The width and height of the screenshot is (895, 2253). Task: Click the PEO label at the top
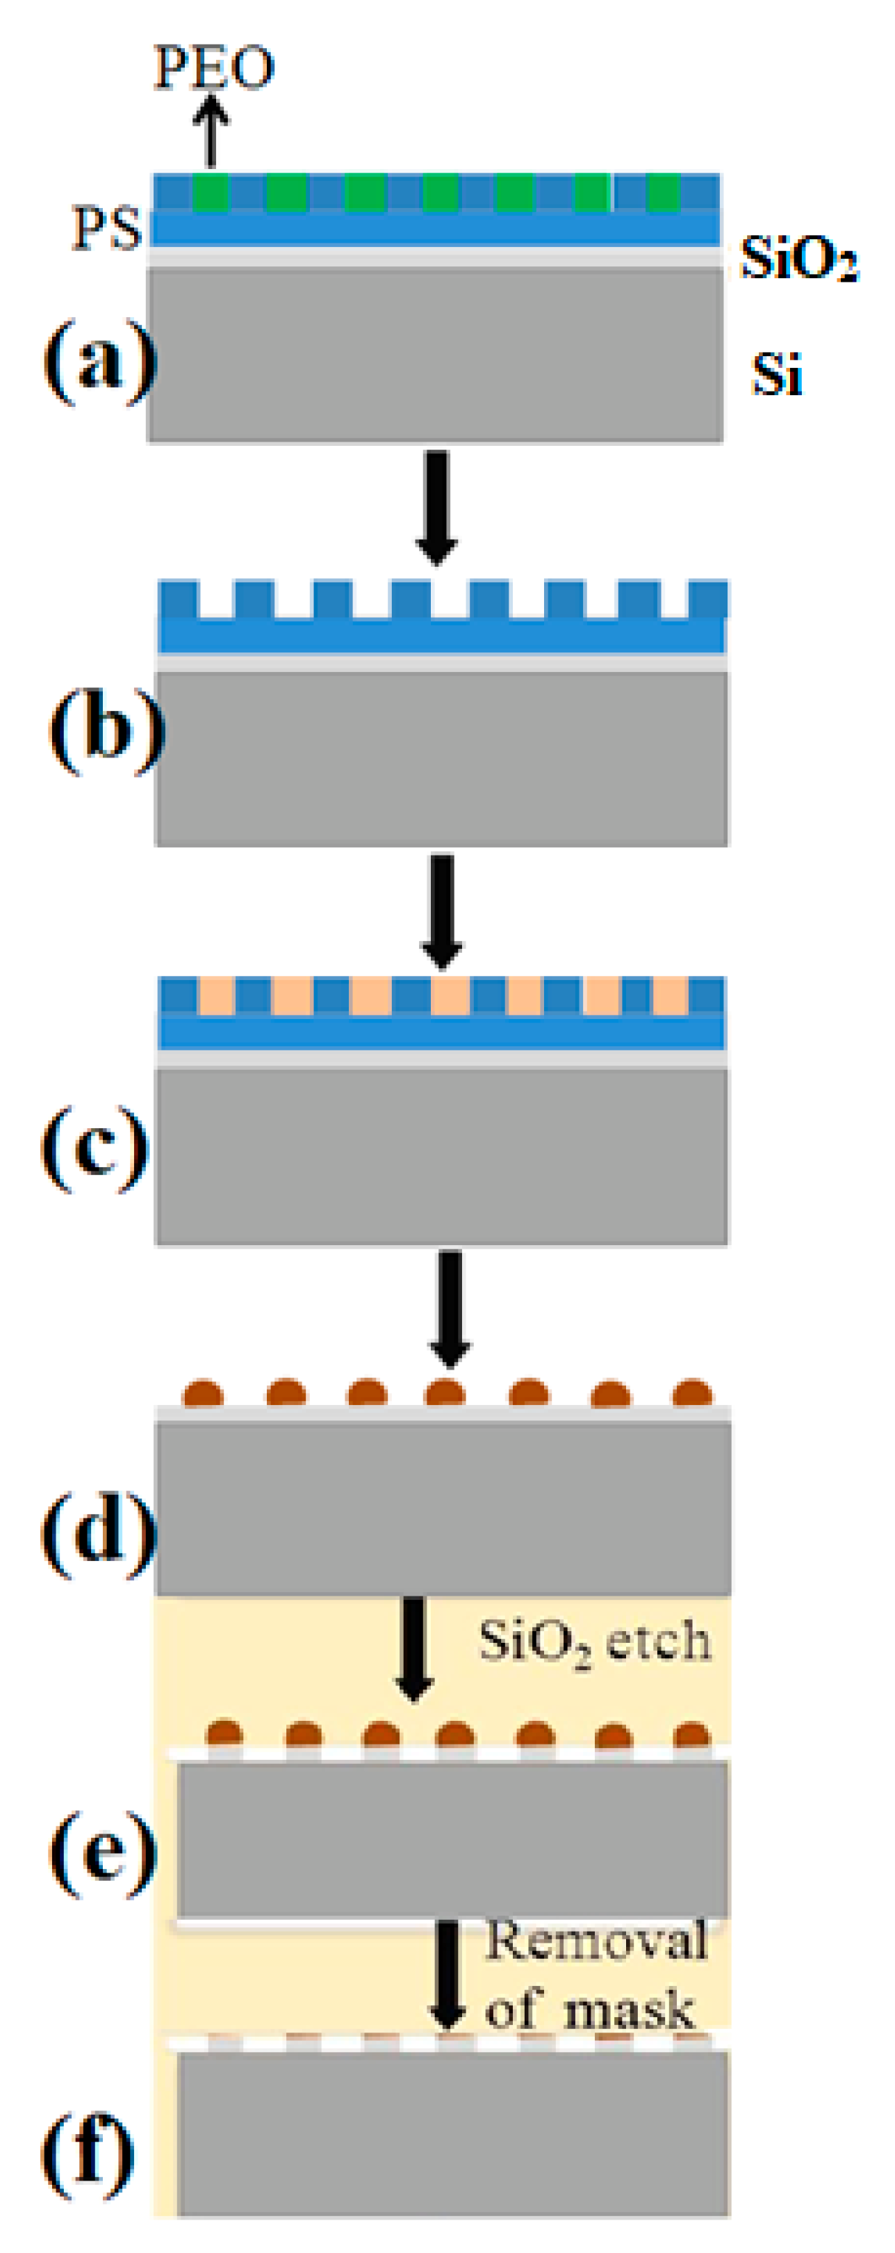213,67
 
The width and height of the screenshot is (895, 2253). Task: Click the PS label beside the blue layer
106,229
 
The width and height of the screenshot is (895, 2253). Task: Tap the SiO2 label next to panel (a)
798,258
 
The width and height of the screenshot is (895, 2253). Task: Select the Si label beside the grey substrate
777,375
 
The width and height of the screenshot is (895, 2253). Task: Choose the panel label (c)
95,1146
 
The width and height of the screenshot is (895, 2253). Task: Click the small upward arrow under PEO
211,131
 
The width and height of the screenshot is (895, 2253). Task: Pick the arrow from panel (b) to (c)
442,911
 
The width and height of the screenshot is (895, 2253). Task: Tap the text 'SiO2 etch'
594,1642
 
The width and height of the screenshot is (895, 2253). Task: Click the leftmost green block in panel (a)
210,193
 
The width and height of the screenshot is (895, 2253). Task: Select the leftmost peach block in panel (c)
216,996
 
